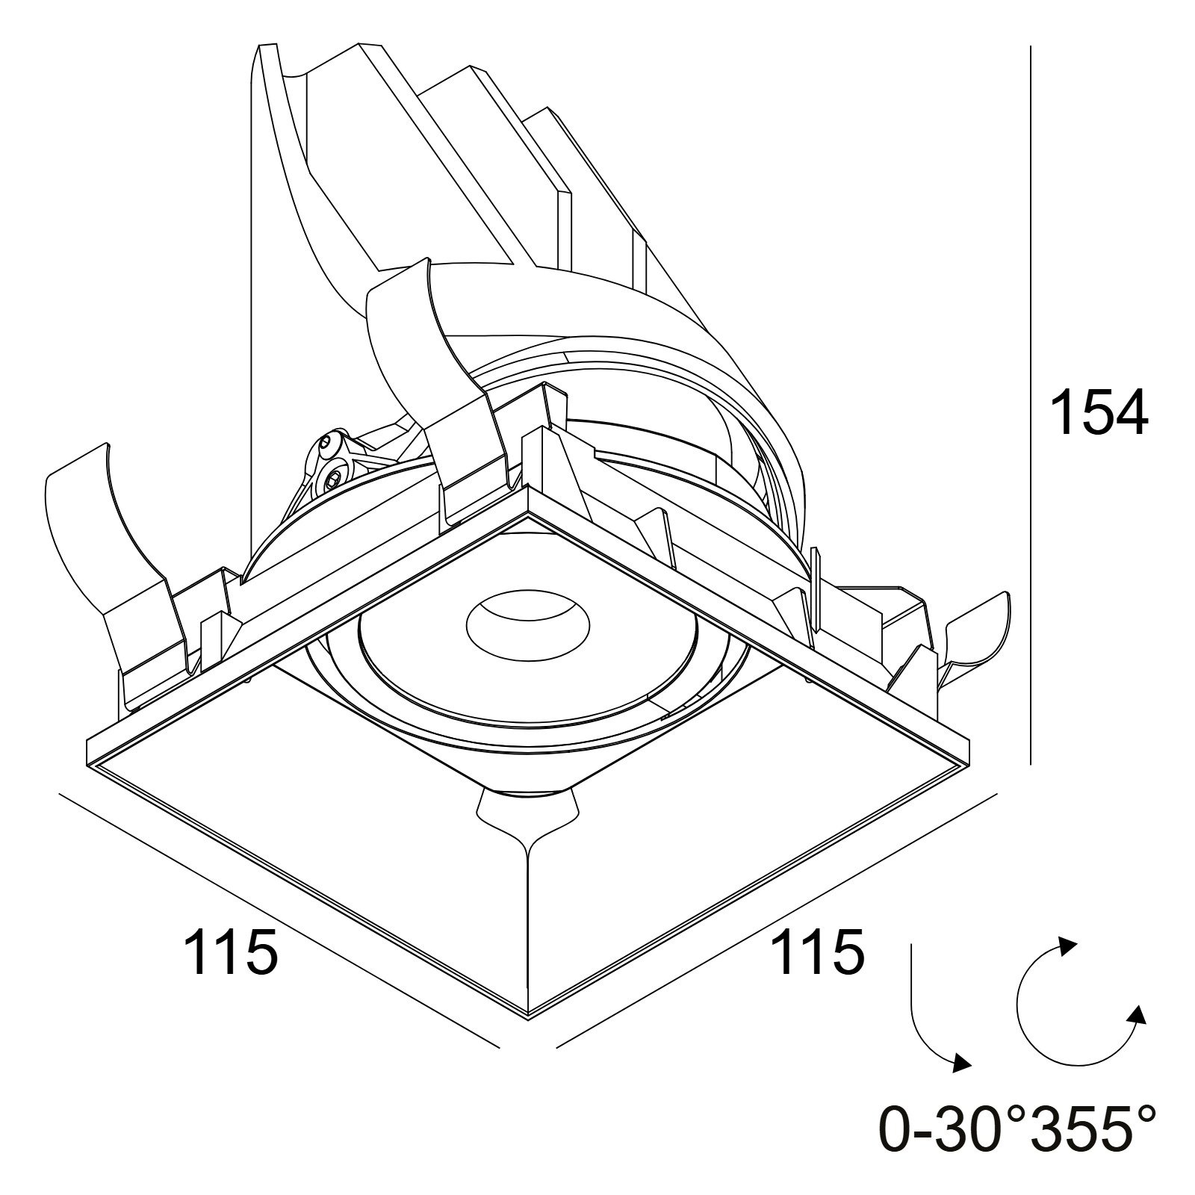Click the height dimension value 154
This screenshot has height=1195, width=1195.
coord(1099,412)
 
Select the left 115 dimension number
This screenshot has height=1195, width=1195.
coord(231,951)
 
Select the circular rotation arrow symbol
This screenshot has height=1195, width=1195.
coord(1075,1001)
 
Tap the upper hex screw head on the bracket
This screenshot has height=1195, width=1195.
coord(331,448)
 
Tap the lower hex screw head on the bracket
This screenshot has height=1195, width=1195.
coord(332,476)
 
